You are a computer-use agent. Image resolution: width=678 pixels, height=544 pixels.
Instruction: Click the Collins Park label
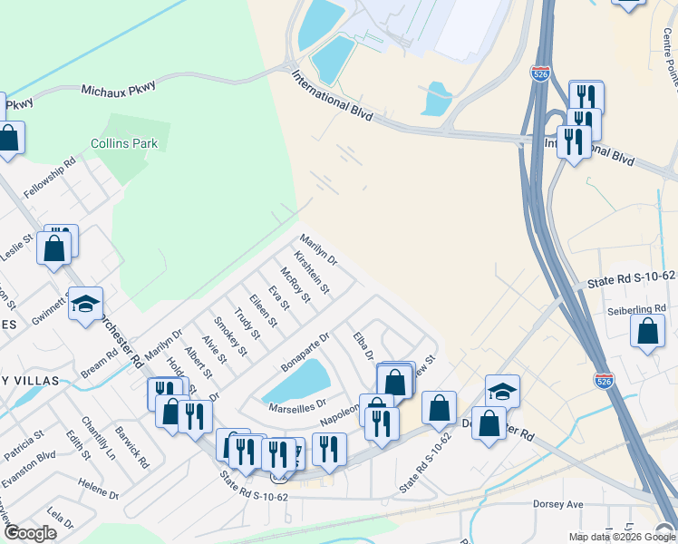[124, 143]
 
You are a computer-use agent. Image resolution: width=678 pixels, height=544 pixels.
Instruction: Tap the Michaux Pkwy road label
[119, 88]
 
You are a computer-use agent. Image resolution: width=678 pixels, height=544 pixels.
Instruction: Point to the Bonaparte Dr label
[305, 348]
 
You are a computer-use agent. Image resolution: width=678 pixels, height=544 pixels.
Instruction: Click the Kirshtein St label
[312, 273]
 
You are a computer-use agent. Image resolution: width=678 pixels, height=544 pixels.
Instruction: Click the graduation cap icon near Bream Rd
[85, 305]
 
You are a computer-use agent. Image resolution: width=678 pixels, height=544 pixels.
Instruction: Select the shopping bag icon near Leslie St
[54, 248]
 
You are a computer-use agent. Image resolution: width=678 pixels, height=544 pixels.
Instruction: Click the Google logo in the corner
[30, 533]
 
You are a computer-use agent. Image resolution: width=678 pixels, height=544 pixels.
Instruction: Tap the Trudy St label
[247, 325]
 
